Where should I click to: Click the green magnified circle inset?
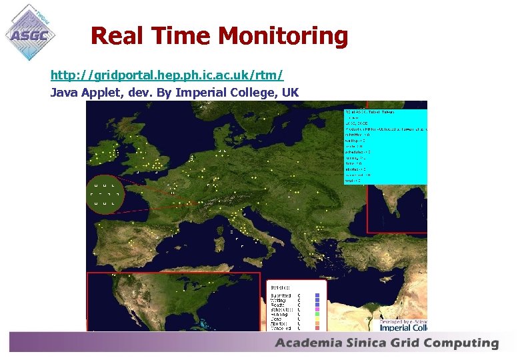coord(106,194)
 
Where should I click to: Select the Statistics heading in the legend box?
coord(280,286)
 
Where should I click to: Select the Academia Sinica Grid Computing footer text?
coord(387,343)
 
